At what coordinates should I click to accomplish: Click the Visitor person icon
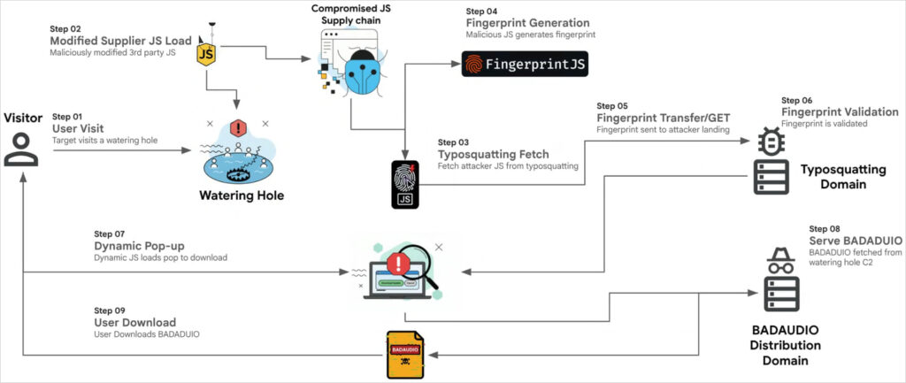pyautogui.click(x=21, y=147)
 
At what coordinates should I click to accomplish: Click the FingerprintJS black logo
pyautogui.click(x=525, y=65)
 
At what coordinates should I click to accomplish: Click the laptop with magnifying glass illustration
pyautogui.click(x=399, y=269)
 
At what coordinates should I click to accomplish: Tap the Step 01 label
pyautogui.click(x=67, y=117)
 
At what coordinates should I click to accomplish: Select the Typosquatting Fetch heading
pyautogui.click(x=493, y=154)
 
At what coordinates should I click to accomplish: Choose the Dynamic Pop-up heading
pyautogui.click(x=139, y=245)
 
